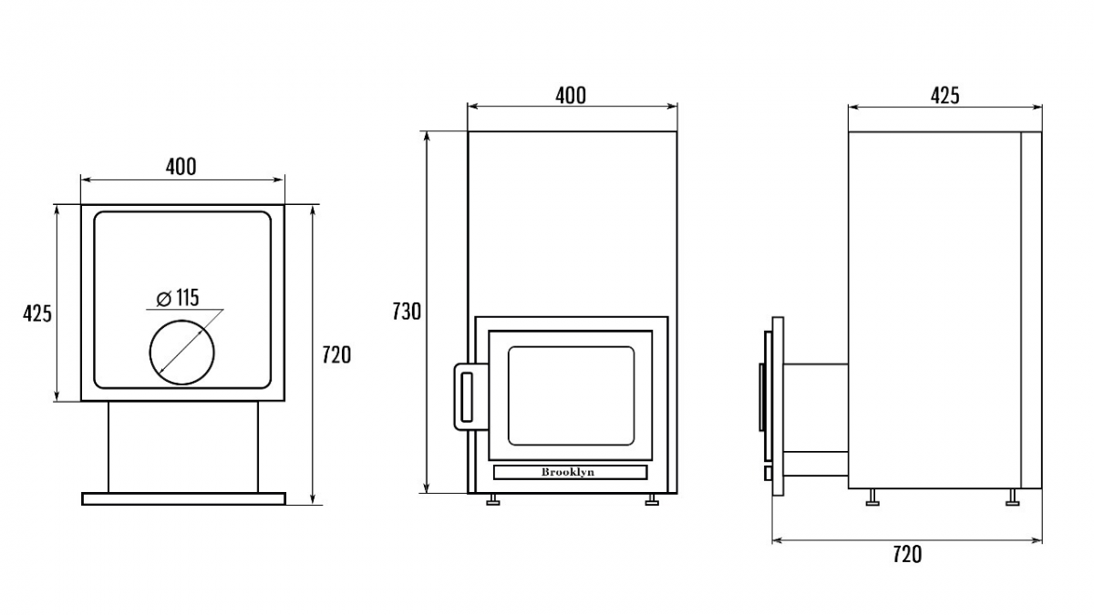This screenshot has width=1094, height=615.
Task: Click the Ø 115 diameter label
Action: [x=178, y=297]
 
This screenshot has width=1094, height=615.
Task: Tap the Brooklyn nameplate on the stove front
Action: [x=570, y=472]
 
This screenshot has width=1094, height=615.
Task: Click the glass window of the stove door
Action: [x=570, y=395]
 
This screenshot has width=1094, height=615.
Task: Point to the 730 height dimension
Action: [x=407, y=312]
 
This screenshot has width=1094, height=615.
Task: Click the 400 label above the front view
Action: [x=571, y=95]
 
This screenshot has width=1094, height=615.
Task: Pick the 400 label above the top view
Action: [x=181, y=167]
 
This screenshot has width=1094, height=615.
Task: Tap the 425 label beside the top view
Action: [x=37, y=313]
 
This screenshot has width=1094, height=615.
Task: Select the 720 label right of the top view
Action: [x=336, y=355]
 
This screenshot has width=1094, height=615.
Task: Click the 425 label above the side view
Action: [x=944, y=95]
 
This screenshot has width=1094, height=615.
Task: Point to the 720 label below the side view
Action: [x=906, y=554]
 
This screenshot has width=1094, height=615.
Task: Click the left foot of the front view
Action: [x=492, y=499]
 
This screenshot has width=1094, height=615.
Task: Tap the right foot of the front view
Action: [x=652, y=499]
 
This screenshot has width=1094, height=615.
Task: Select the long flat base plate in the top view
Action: [x=183, y=498]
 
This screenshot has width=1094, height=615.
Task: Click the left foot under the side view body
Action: [x=872, y=497]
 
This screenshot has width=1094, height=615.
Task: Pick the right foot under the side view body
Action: [x=1013, y=497]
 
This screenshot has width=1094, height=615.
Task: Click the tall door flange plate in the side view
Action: [x=778, y=405]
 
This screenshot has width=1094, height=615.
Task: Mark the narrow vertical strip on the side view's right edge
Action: [x=1030, y=310]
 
